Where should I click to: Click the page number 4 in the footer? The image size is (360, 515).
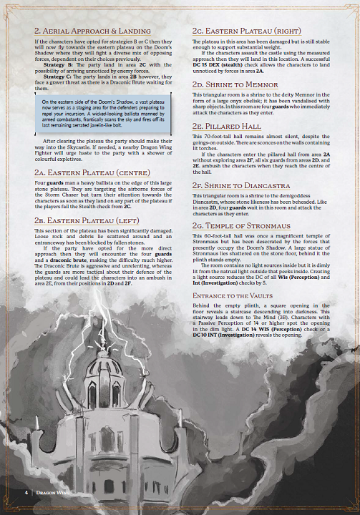(x=26, y=492)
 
